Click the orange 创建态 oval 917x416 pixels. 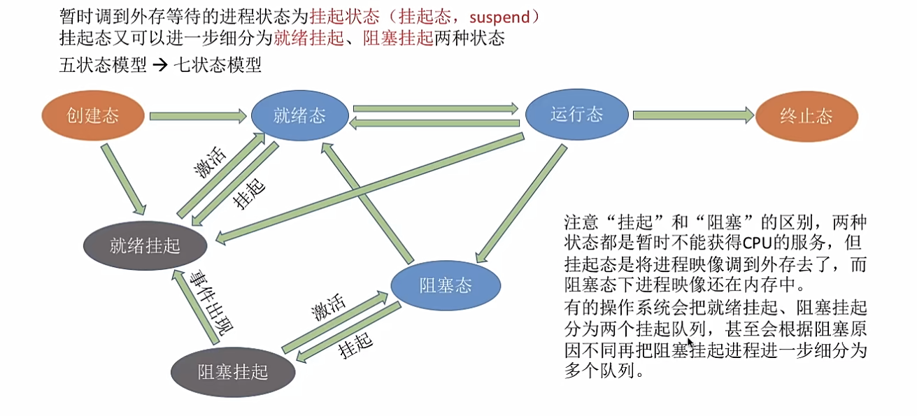(x=93, y=115)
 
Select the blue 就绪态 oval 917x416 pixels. (x=300, y=115)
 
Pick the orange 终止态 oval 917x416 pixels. (x=806, y=116)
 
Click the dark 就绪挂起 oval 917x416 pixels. (x=145, y=245)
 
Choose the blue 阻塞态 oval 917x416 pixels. (x=446, y=285)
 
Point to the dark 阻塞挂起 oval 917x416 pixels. (x=233, y=370)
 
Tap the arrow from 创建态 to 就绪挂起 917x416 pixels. (x=125, y=180)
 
